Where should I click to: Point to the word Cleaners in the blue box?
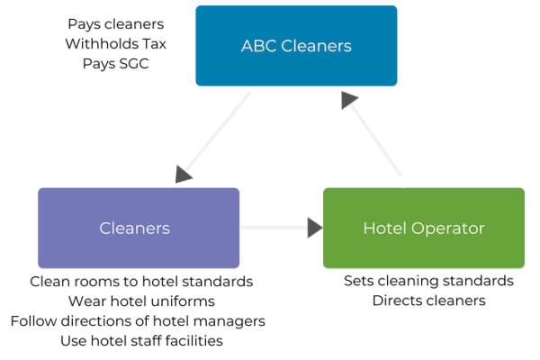pos(316,46)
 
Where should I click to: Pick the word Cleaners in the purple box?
pos(134,228)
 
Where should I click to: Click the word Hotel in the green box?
pos(382,228)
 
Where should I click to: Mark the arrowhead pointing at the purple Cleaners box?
pos(185,173)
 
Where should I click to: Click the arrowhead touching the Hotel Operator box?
pos(315,228)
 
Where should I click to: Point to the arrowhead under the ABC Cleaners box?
pos(350,99)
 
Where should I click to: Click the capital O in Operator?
pos(417,228)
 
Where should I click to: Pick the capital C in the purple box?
pos(104,228)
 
